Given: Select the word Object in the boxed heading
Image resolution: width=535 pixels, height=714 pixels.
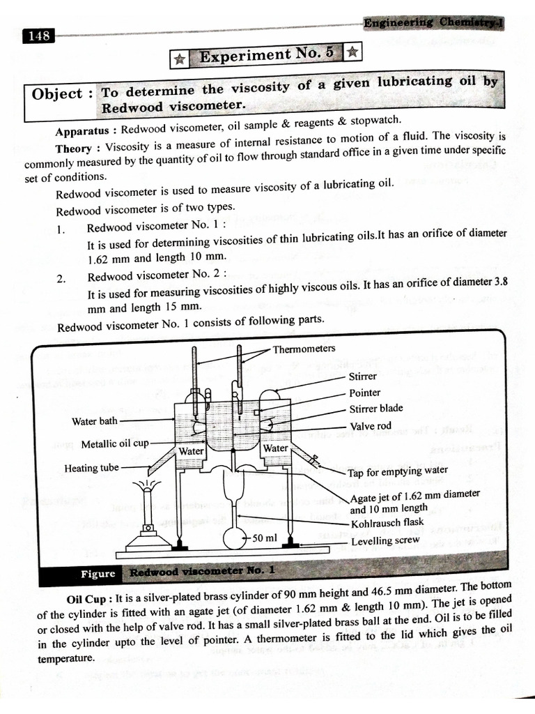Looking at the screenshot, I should (57, 93).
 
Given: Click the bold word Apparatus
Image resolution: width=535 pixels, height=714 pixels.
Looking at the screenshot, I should (82, 131).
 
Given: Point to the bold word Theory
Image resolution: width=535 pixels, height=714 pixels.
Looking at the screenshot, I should (79, 149).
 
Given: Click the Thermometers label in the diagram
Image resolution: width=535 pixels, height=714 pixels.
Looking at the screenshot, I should (304, 349).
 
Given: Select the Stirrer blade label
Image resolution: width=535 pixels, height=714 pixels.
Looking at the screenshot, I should (375, 409).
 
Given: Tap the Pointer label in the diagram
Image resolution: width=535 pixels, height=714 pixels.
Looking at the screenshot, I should (364, 393).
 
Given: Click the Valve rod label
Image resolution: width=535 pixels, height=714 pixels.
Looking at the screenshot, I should (370, 426).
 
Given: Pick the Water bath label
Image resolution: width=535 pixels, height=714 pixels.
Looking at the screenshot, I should (94, 421).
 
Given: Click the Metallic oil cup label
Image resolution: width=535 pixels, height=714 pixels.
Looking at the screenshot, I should (114, 443).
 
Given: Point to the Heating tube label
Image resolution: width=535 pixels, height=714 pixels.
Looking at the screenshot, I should (91, 468).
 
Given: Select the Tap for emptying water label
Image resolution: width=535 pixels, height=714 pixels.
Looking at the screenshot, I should (397, 471).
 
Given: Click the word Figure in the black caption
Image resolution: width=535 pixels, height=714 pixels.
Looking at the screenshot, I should (98, 573).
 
